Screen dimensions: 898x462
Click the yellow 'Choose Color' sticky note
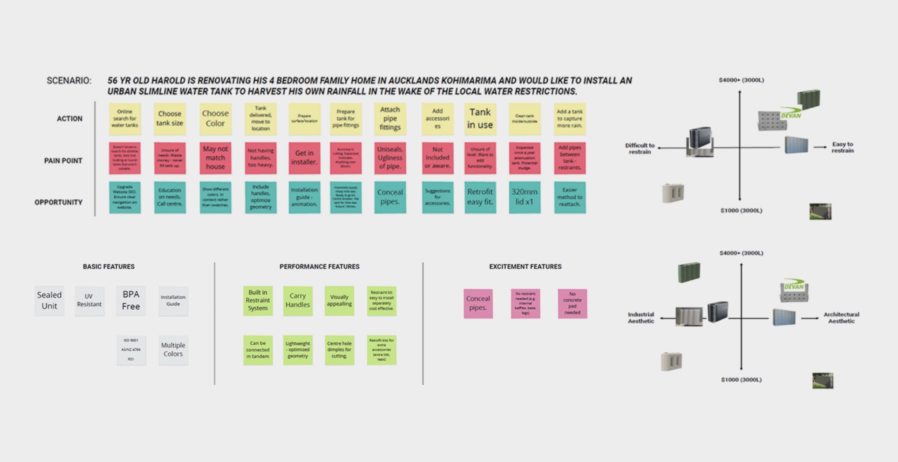click(215, 118)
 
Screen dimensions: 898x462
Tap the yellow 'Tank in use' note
click(480, 118)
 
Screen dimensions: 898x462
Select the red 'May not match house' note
click(215, 158)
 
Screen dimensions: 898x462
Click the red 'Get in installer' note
click(304, 158)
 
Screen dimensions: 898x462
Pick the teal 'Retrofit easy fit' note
click(480, 197)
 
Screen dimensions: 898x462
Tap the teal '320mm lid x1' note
click(524, 197)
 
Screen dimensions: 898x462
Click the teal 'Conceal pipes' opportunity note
click(390, 197)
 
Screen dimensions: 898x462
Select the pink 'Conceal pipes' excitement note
click(478, 303)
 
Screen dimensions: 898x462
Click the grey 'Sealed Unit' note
click(49, 301)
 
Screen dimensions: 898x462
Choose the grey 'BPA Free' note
click(131, 301)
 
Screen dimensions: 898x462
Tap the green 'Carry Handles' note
click(298, 301)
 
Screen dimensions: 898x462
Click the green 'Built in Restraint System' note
click(258, 301)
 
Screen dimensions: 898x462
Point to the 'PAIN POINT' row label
click(63, 161)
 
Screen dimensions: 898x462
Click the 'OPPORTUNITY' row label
click(58, 202)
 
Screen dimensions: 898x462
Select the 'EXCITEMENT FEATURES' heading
click(525, 267)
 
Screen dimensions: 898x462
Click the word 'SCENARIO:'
click(69, 81)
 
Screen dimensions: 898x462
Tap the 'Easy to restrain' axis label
click(842, 148)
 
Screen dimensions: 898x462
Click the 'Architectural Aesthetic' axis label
click(841, 318)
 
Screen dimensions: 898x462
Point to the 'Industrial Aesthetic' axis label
click(641, 318)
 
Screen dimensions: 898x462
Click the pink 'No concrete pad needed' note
click(572, 303)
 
